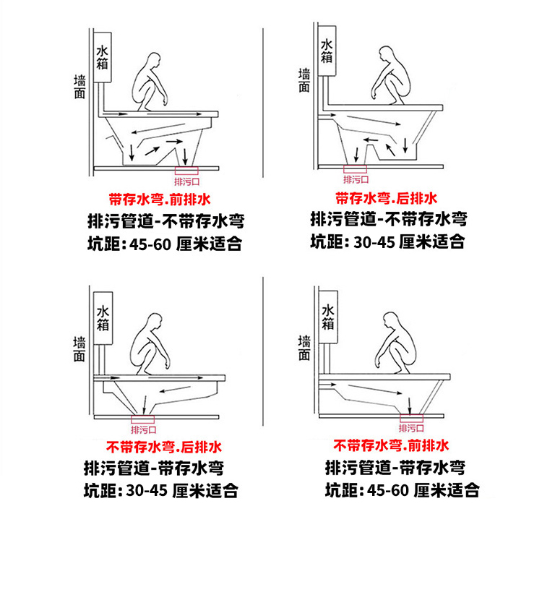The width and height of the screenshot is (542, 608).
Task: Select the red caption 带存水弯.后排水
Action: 386,198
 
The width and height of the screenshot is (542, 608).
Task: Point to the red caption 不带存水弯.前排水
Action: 391,445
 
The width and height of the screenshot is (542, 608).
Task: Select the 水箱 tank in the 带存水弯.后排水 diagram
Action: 327,51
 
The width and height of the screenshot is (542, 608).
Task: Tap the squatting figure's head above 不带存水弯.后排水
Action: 154,320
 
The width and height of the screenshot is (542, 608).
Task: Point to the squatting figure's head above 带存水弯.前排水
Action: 152,59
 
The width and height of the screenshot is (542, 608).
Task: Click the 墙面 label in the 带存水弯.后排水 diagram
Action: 304,80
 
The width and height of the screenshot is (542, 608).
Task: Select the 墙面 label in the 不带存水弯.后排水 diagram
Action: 79,348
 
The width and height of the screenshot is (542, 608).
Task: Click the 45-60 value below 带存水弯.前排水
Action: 150,244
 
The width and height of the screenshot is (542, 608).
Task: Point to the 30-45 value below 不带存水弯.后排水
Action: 147,492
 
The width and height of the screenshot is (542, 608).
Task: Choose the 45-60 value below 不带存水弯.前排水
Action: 389,492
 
